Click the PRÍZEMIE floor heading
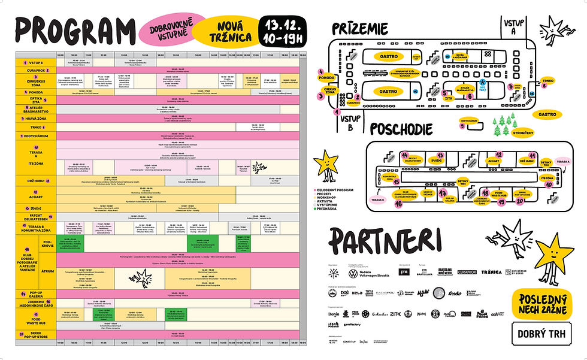(360, 28)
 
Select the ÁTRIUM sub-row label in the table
(47, 271)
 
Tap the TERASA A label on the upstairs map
(562, 162)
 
